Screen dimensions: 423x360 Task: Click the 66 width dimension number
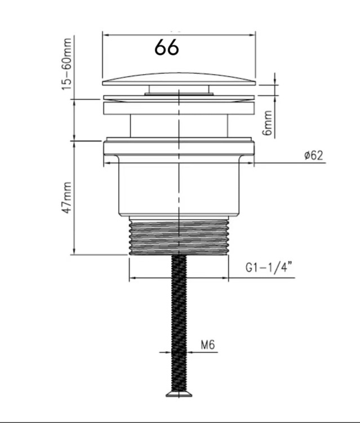[x=167, y=48]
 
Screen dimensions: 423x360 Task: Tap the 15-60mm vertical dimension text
[x=68, y=63]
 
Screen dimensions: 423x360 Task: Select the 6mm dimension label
[x=268, y=123]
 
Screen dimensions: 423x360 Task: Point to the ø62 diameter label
[x=313, y=156]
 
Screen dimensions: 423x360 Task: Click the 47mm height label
[x=68, y=197]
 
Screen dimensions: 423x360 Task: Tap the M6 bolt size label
[x=208, y=344]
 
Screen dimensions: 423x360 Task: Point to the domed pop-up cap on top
[x=179, y=79]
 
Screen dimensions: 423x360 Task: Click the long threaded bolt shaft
[x=179, y=321]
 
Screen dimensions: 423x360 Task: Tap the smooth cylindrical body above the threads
[x=179, y=189]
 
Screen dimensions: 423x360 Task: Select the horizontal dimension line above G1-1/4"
[x=179, y=278]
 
